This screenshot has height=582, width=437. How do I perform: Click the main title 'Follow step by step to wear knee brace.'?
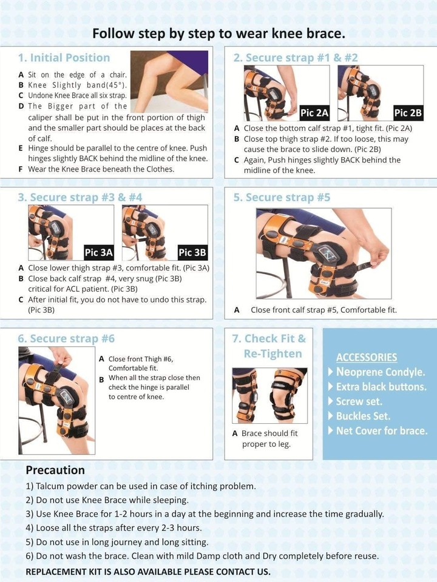(218, 33)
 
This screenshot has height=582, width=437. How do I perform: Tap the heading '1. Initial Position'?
(64, 58)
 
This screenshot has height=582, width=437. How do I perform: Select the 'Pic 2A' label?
(314, 112)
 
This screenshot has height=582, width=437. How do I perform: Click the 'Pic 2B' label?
(408, 112)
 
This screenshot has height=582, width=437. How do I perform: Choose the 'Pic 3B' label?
(192, 252)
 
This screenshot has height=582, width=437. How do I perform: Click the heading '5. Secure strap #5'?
(282, 198)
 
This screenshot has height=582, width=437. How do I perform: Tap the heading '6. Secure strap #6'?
(66, 338)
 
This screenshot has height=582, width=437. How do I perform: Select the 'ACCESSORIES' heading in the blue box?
(367, 357)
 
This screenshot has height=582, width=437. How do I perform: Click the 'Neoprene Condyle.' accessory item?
(381, 372)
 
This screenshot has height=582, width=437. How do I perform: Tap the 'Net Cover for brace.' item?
(381, 431)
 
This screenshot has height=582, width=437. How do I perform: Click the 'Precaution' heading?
(55, 470)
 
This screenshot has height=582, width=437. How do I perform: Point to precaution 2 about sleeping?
(107, 500)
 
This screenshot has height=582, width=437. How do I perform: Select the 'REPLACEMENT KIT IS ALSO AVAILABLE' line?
(148, 572)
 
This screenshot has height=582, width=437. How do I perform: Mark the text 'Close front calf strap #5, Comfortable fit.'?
(323, 310)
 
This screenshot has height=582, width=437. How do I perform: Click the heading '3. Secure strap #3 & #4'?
(80, 198)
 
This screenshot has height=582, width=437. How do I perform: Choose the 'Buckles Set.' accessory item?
(362, 416)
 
